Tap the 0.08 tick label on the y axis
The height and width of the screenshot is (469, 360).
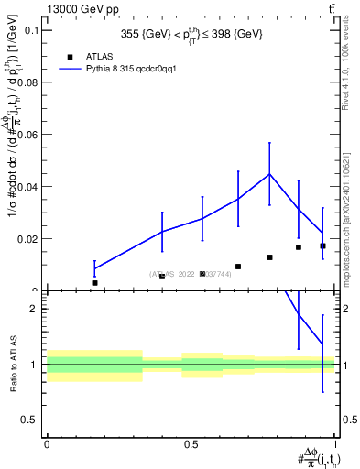click(27, 82)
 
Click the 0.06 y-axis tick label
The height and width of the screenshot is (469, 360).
click(27, 135)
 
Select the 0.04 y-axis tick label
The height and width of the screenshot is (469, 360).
click(27, 187)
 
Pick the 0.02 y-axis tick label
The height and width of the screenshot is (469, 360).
click(27, 239)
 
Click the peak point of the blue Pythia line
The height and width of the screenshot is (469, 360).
click(269, 174)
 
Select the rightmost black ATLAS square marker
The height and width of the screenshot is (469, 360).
click(322, 245)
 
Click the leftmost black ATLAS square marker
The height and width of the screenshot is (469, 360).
click(94, 283)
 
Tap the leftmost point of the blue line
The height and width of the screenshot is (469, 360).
click(94, 268)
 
